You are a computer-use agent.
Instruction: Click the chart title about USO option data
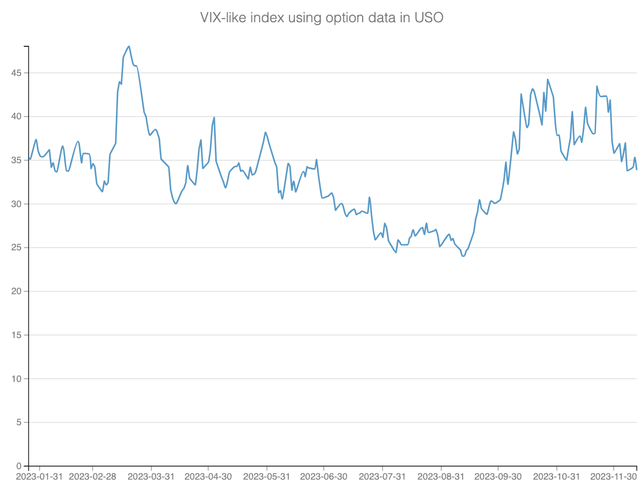pos(322,18)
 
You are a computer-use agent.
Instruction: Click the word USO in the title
pos(429,18)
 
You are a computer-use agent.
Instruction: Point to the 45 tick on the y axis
pos(17,73)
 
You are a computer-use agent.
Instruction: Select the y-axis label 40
pos(17,117)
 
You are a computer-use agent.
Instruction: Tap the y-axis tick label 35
pos(17,160)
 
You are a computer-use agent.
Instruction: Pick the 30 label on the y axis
pos(17,204)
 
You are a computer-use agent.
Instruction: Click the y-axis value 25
pos(17,248)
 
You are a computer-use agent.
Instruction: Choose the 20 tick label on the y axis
pos(17,291)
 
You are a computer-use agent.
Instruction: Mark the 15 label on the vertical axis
pos(17,335)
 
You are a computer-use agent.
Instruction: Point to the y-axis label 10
pos(17,379)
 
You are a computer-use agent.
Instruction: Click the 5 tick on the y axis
pos(19,422)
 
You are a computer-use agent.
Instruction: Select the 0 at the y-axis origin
pos(19,466)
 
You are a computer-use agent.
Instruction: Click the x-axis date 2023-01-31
pos(39,477)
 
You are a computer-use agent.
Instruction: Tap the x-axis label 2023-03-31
pos(151,477)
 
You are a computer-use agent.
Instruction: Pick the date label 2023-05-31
pos(267,477)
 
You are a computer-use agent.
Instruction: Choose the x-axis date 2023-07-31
pos(383,477)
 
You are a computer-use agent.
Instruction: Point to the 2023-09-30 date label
pos(498,477)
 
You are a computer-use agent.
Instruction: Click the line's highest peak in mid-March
pos(129,46)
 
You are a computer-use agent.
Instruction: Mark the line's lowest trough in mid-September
pos(463,256)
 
